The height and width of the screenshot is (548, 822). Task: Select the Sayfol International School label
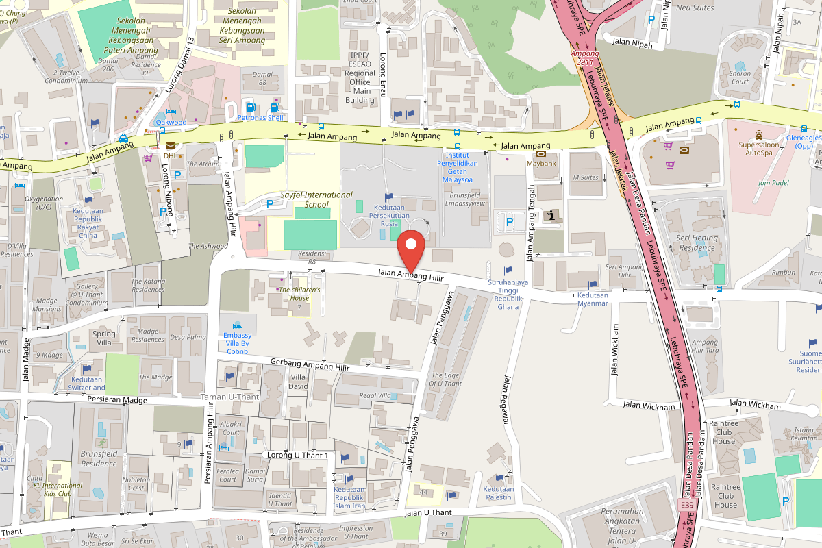coord(316,199)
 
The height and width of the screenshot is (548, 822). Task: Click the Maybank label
coord(540,164)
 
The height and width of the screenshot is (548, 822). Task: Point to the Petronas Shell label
coord(260,118)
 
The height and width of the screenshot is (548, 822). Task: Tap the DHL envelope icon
coord(170,145)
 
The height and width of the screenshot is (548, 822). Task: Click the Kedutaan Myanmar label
coord(593,299)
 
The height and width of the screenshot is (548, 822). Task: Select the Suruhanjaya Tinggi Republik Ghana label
coord(508,294)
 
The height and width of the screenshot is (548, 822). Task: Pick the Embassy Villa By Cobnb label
coord(238,343)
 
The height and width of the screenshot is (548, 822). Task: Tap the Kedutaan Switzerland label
coord(87,384)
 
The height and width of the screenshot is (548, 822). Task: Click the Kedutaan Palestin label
coord(498,493)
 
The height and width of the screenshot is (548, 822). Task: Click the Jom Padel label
coord(773,182)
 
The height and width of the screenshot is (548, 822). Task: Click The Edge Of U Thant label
coord(445,379)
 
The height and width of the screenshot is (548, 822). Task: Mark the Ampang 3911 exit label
coord(585,58)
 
